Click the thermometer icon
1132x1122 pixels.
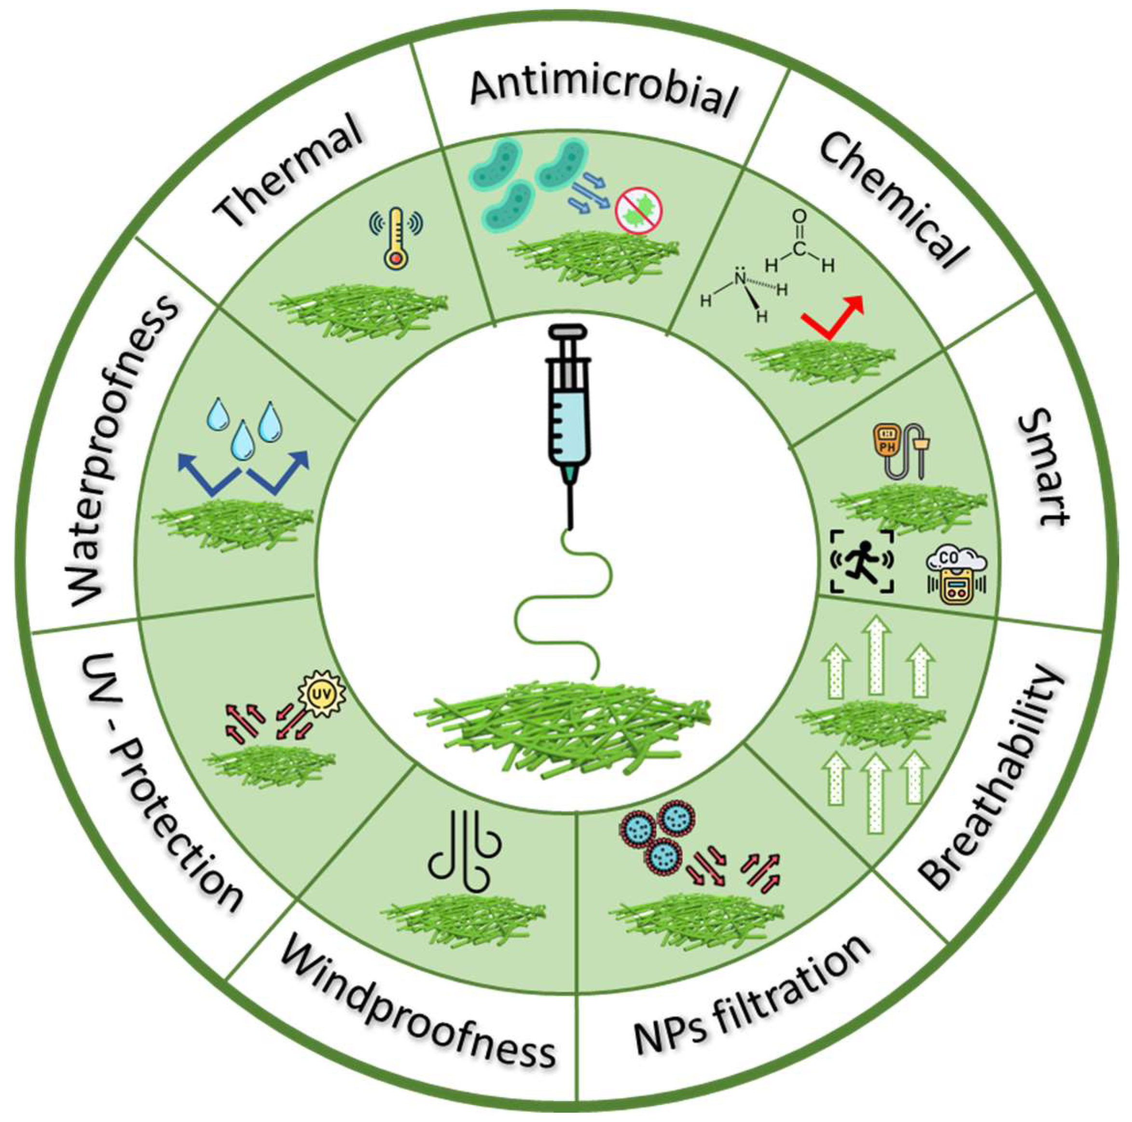click(x=396, y=237)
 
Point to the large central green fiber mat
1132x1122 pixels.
click(x=563, y=726)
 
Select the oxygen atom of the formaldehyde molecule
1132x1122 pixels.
click(x=799, y=218)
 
